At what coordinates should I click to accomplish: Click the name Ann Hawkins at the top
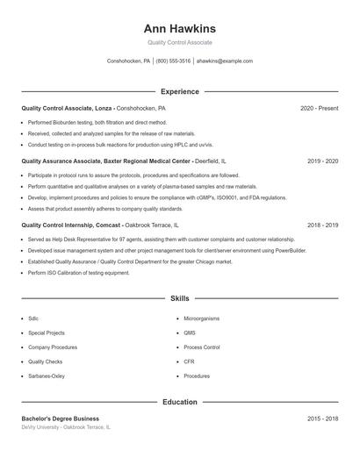click(x=180, y=28)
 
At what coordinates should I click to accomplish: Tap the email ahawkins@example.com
click(x=225, y=61)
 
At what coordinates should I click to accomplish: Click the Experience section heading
click(x=180, y=91)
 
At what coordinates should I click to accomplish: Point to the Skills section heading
click(x=180, y=299)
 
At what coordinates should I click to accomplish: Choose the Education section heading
click(x=180, y=402)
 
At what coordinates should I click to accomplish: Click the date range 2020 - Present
click(x=319, y=108)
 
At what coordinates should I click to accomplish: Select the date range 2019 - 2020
click(x=322, y=161)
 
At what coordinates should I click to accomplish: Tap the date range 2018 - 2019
click(x=322, y=225)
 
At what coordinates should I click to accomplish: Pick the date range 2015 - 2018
click(x=322, y=418)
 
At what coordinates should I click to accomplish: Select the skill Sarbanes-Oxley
click(x=47, y=376)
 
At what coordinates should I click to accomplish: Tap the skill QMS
click(x=190, y=333)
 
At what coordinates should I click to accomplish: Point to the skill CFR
click(x=189, y=361)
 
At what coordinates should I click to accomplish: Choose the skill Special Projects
click(x=47, y=333)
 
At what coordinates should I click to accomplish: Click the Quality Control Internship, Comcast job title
click(x=70, y=225)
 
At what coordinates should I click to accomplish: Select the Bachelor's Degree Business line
click(x=61, y=418)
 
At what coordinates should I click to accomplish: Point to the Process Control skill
click(x=202, y=347)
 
